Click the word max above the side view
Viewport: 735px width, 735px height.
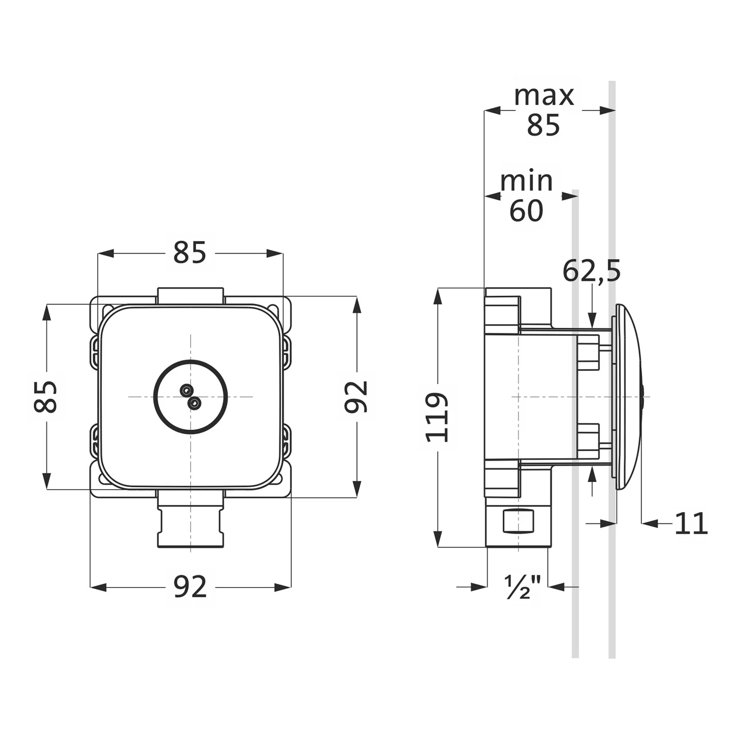[x=544, y=97]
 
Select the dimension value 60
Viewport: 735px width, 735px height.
[x=527, y=211]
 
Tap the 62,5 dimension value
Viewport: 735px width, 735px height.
[x=591, y=271]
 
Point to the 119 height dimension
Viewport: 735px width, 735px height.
[x=437, y=417]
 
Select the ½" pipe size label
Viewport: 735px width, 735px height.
[x=522, y=587]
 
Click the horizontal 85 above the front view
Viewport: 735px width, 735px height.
[x=190, y=253]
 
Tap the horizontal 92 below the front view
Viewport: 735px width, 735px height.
[x=190, y=587]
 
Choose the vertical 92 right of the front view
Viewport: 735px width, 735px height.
[x=356, y=396]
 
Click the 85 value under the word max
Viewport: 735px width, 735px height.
[x=543, y=125]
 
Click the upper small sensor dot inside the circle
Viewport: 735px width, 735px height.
[x=186, y=390]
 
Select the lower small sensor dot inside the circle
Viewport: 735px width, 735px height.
[x=195, y=403]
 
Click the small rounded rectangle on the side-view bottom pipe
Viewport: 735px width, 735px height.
[x=519, y=521]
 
